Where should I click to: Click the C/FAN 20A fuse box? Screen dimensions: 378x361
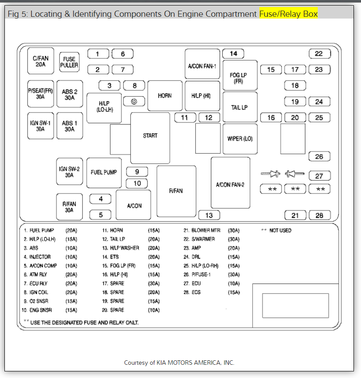click(40, 61)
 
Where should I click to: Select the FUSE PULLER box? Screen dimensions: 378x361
click(69, 62)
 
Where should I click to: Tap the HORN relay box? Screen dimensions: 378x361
click(165, 95)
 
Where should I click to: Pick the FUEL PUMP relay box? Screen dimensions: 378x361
click(104, 172)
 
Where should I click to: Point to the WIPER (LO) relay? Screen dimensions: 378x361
click(240, 139)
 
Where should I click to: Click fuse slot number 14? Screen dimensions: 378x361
click(233, 54)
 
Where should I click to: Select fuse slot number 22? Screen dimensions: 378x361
click(319, 54)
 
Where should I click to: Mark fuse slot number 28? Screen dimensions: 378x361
click(319, 215)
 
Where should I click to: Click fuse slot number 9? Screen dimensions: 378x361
click(137, 172)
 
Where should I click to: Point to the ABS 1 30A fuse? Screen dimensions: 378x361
click(69, 126)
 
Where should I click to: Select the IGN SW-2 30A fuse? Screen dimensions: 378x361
click(69, 172)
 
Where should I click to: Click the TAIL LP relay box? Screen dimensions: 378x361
click(239, 107)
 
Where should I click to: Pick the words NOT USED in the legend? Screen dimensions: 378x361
click(281, 231)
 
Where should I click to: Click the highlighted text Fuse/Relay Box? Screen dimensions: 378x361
click(289, 14)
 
